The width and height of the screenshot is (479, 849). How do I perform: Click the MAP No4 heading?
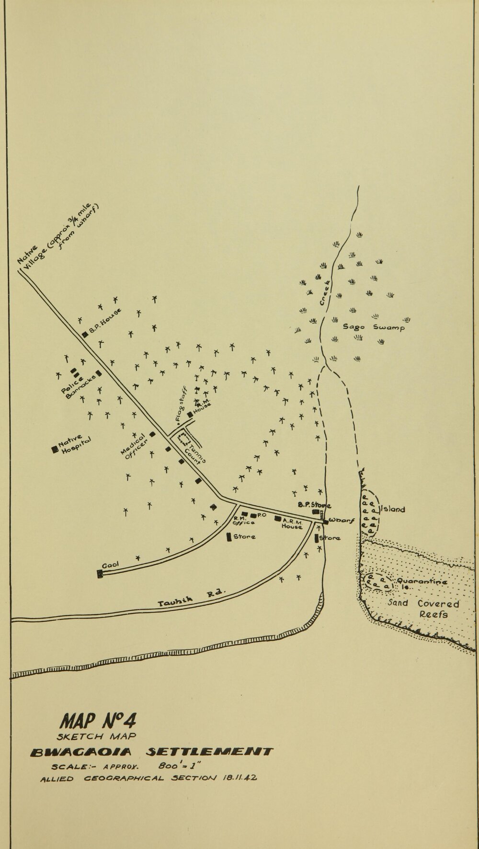[99, 720]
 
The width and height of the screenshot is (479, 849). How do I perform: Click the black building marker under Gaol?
[100, 573]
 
